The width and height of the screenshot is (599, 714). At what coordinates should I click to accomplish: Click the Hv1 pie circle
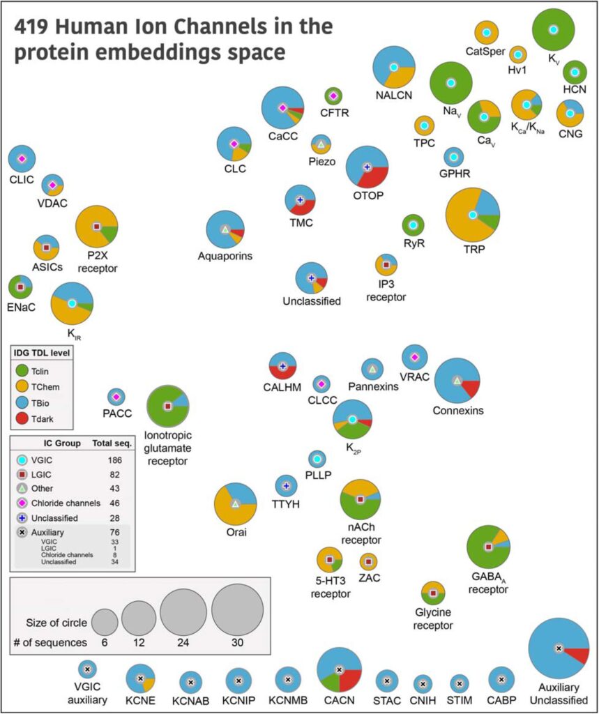pyautogui.click(x=517, y=54)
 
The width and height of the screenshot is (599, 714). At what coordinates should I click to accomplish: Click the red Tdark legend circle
pyautogui.click(x=20, y=418)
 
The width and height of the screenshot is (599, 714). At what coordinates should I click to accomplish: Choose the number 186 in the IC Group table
pyautogui.click(x=116, y=460)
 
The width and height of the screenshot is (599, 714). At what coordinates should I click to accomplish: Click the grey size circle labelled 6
pyautogui.click(x=105, y=622)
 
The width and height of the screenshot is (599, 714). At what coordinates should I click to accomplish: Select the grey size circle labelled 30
pyautogui.click(x=237, y=610)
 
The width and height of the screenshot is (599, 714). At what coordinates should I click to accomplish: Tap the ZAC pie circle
pyautogui.click(x=368, y=561)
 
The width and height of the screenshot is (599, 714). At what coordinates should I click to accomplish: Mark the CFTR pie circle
pyautogui.click(x=333, y=96)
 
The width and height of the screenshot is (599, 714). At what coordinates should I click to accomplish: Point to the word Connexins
pyautogui.click(x=458, y=411)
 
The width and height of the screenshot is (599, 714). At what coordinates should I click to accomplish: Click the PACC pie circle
pyautogui.click(x=116, y=397)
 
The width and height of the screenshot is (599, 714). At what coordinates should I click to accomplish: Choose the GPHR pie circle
pyautogui.click(x=454, y=157)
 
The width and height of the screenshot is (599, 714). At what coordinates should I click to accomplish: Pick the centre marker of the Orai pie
pyautogui.click(x=235, y=503)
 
